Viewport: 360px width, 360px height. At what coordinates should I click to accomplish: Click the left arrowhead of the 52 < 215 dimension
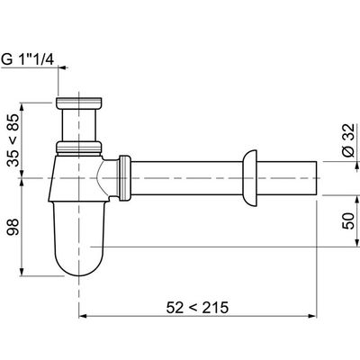coord(85,317)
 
